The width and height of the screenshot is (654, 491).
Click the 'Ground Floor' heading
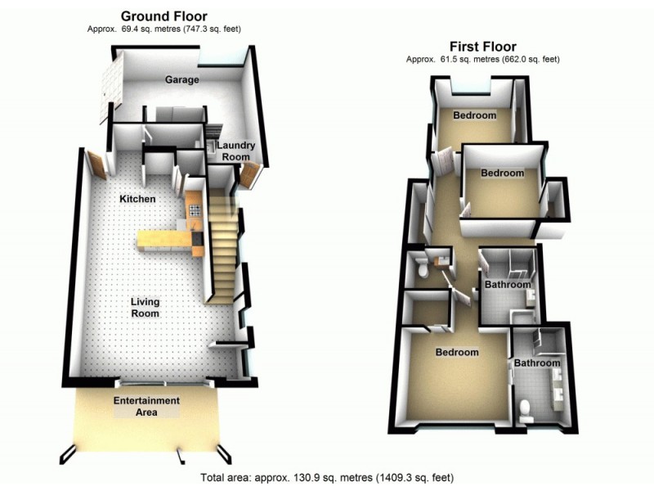click(x=163, y=16)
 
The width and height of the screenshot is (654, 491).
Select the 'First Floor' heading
click(x=482, y=46)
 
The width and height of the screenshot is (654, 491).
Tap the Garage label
click(x=182, y=80)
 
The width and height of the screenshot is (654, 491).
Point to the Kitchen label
click(x=137, y=199)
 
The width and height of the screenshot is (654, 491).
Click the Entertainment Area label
click(x=146, y=406)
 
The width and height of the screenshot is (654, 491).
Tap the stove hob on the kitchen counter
click(x=195, y=210)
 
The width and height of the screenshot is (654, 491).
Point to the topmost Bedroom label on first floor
click(x=475, y=115)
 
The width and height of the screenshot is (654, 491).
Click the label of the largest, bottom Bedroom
click(x=456, y=353)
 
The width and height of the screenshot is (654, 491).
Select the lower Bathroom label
click(x=537, y=363)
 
